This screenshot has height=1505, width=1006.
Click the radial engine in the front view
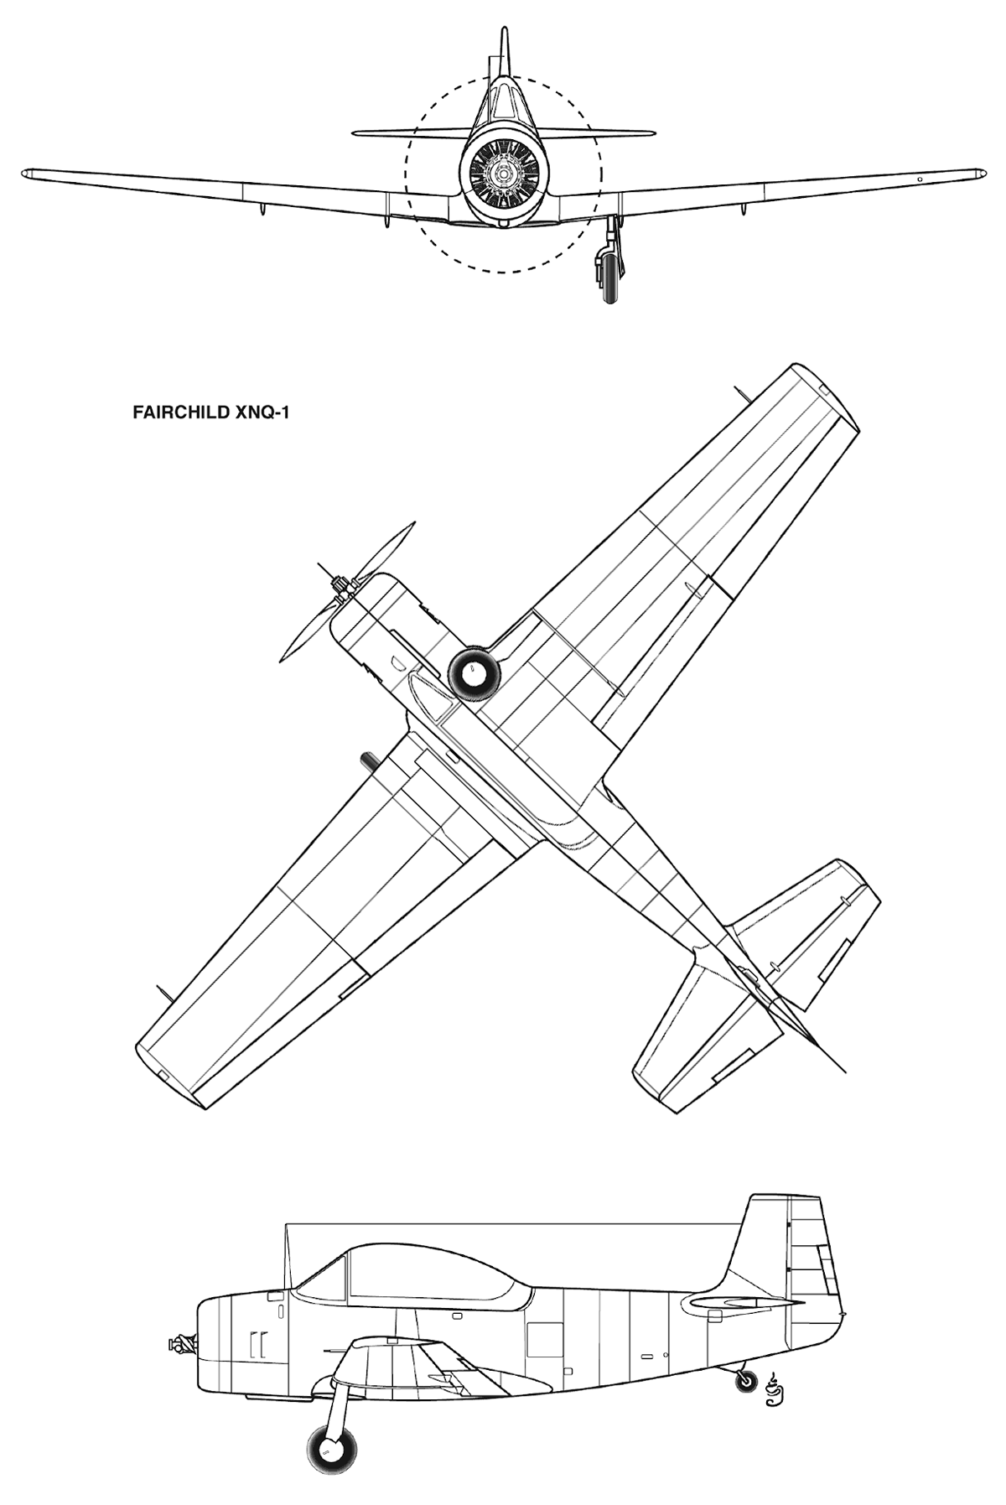[503, 174]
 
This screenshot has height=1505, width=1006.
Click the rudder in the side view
[817, 1274]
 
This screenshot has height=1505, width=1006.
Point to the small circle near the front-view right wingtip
[919, 179]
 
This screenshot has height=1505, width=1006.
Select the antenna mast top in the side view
[287, 1226]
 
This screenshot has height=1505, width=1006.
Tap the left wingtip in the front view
[26, 174]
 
